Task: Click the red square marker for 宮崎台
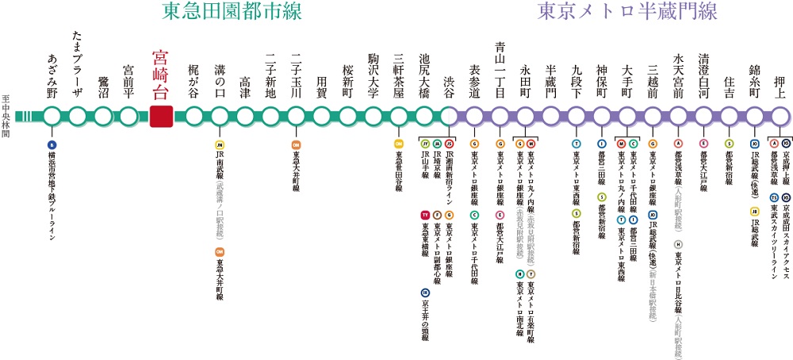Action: point(161,115)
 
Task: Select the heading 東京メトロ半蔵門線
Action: point(626,12)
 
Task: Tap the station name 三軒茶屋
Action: point(398,75)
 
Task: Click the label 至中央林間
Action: point(7,115)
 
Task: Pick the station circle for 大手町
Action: point(627,115)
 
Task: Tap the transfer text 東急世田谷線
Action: point(398,177)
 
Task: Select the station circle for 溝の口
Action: point(220,115)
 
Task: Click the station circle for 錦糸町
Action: point(754,115)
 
